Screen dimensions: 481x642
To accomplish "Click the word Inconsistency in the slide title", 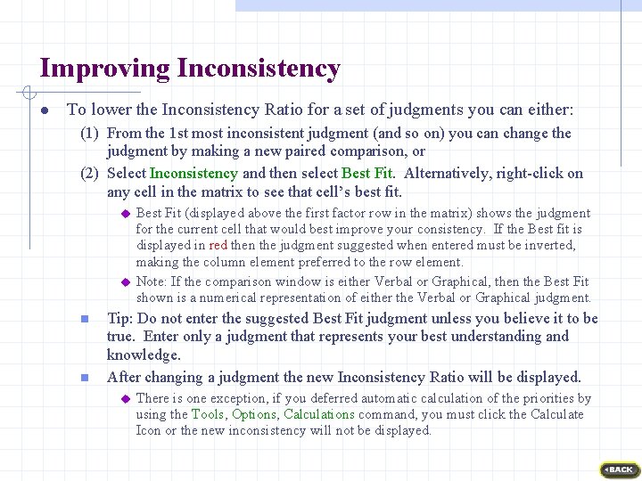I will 259,69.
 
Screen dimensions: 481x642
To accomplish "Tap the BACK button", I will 618,469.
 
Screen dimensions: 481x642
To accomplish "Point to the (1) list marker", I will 89,134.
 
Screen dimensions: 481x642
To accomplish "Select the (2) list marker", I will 89,174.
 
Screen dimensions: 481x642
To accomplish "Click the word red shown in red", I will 218,245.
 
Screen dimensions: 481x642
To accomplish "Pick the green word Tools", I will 208,414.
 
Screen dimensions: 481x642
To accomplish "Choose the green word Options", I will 254,414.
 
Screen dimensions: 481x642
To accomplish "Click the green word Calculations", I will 319,414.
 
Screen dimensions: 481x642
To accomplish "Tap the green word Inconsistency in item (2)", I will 193,174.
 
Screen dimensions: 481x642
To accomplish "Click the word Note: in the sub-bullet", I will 153,282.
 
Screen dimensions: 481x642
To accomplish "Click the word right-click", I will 532,174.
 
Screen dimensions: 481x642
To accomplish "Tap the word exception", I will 227,398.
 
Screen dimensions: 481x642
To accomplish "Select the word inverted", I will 547,245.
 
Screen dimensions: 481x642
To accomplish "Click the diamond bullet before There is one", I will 125,399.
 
